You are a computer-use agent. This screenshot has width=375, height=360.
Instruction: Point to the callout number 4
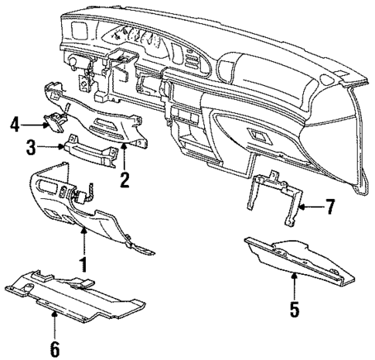tap(14, 121)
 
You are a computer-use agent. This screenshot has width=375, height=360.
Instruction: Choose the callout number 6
tap(54, 348)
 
